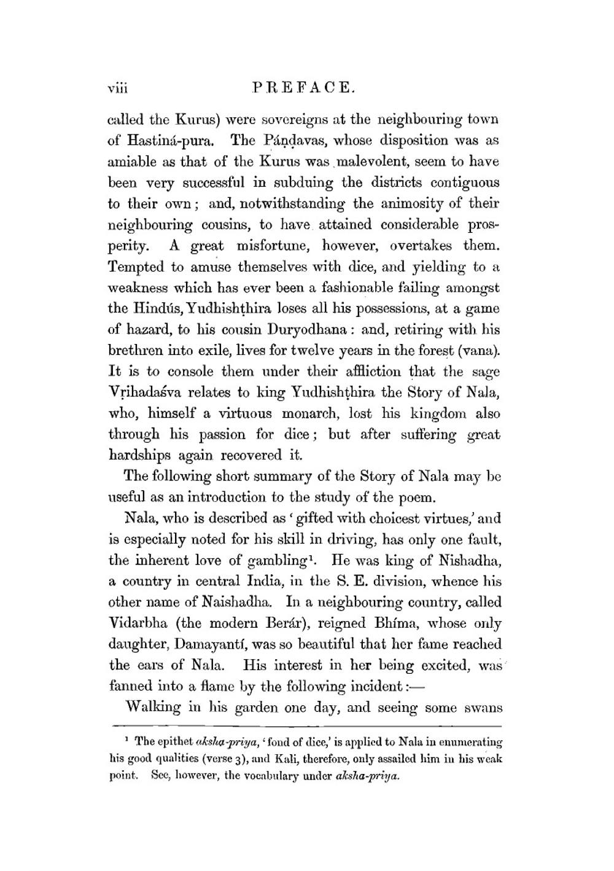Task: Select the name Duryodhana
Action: pyautogui.click(x=304, y=330)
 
